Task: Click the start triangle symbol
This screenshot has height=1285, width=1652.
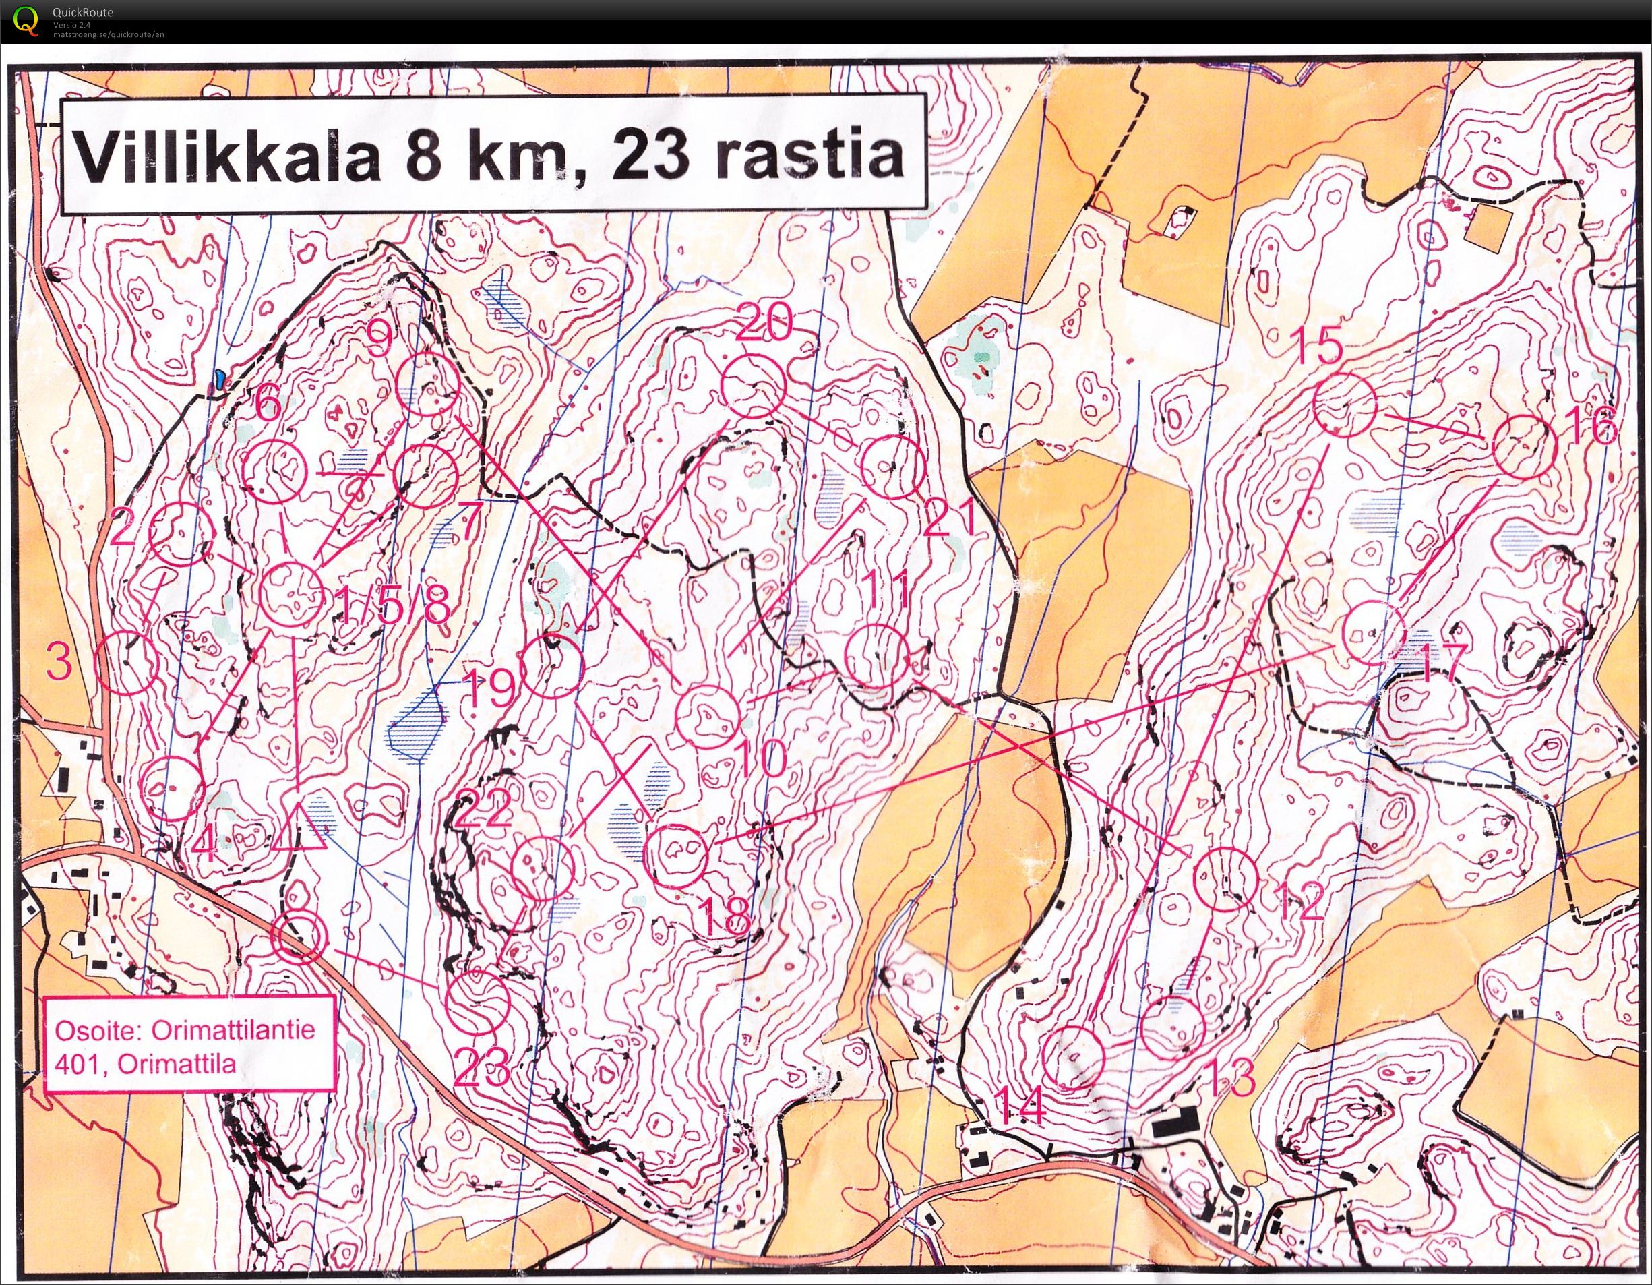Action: point(298,829)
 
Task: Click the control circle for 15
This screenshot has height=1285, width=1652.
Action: point(1344,404)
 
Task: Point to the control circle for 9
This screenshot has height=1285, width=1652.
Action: point(428,384)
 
